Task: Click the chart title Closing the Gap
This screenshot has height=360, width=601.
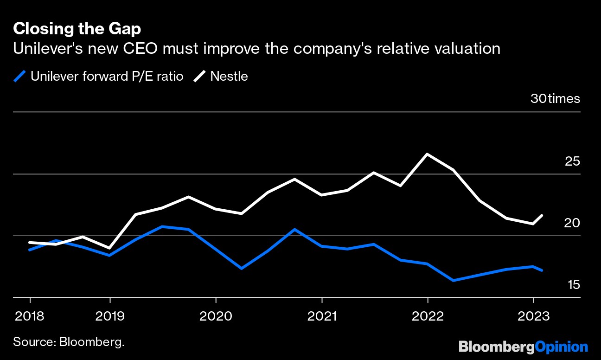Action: pos(77,29)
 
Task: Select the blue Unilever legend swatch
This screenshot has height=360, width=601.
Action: pos(20,76)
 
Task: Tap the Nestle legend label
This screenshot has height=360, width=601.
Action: pos(229,76)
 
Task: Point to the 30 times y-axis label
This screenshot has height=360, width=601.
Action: pos(555,99)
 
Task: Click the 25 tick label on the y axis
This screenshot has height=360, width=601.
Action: pos(572,161)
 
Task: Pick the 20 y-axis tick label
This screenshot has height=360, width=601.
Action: pos(572,223)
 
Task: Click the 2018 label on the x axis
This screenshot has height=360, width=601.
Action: pos(30,317)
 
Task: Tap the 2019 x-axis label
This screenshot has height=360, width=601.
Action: pos(110,317)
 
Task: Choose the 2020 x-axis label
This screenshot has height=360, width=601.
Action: pos(216,317)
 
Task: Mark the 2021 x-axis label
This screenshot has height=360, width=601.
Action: pos(322,317)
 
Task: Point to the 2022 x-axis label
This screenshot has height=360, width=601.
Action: pos(428,317)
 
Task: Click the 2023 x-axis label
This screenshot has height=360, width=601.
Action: pos(533,317)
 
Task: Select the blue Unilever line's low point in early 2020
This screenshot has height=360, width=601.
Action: pos(242,268)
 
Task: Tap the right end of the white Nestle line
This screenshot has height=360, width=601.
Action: pos(542,215)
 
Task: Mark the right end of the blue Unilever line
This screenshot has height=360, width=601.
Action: pos(542,270)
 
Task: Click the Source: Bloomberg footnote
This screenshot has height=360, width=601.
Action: pos(69,342)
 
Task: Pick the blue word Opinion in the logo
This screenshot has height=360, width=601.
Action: pos(562,347)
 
